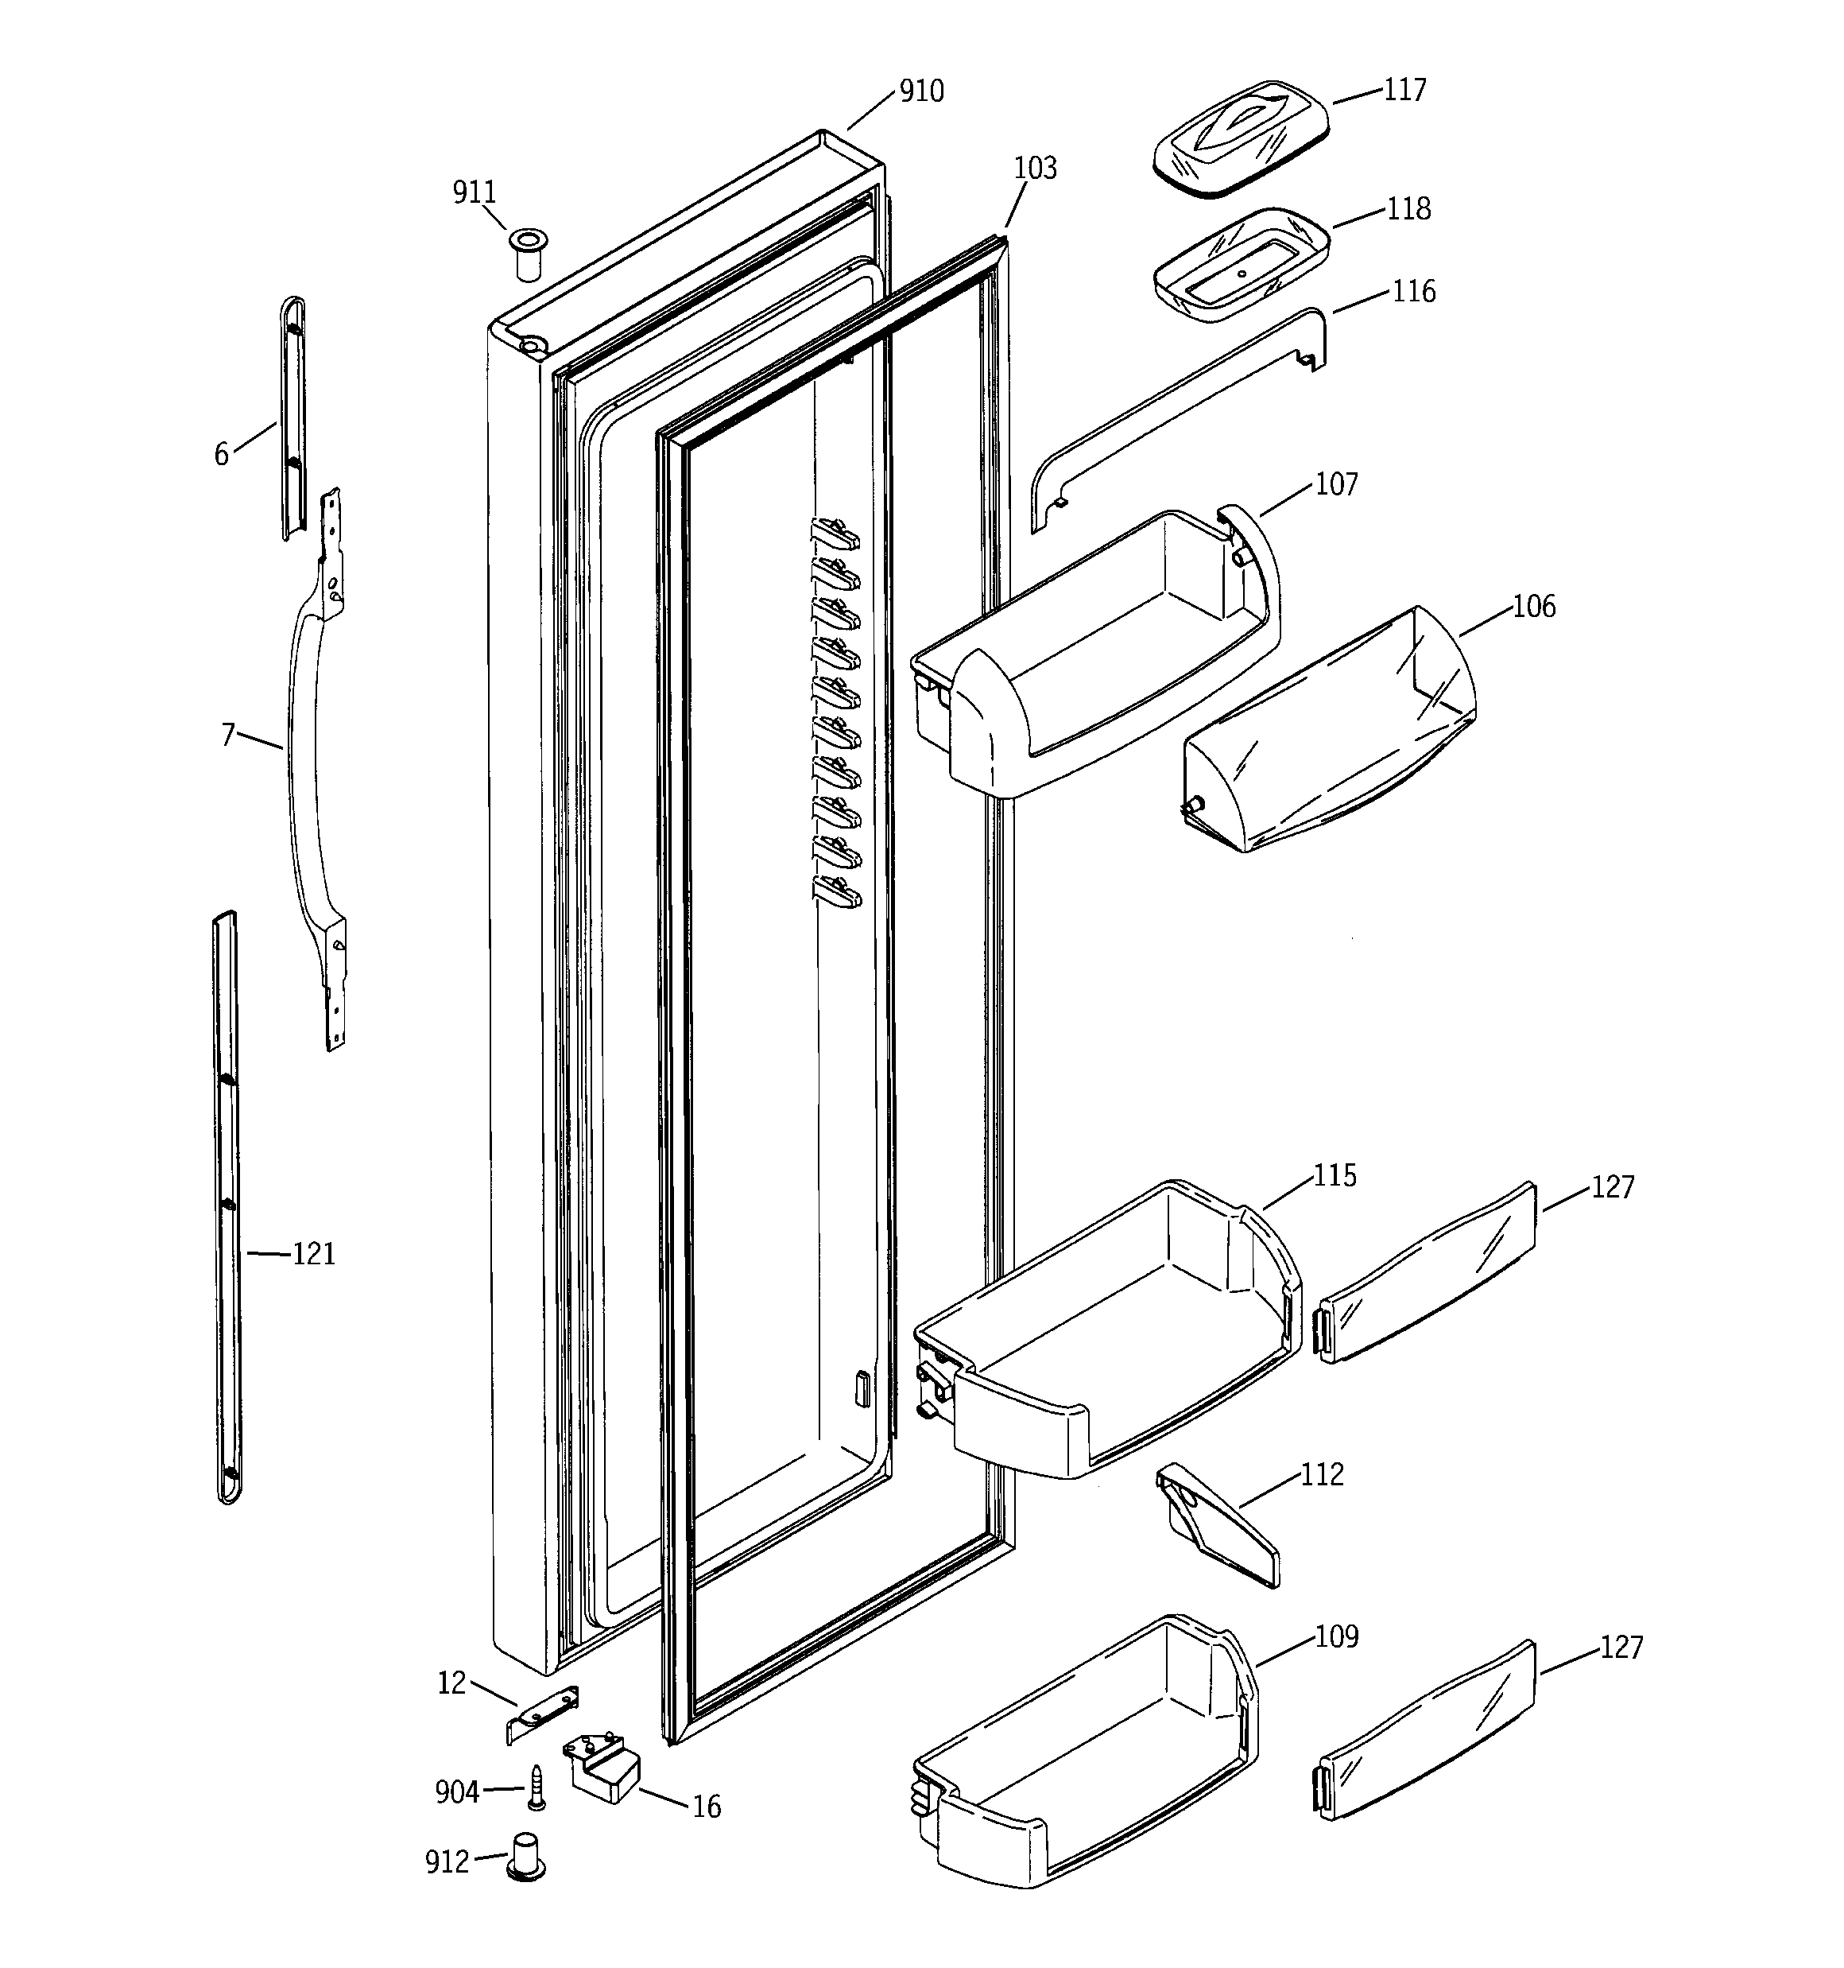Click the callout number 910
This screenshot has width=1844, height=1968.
click(x=920, y=92)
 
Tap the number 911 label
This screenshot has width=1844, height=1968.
click(x=475, y=192)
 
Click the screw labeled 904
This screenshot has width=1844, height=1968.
click(x=536, y=1787)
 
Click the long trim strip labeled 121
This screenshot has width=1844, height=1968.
click(x=227, y=1207)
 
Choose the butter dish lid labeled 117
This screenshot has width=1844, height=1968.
click(x=1240, y=140)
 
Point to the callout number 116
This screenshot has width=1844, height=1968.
click(x=1412, y=292)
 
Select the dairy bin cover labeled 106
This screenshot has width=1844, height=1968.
click(x=1329, y=730)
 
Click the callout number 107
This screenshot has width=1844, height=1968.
click(x=1336, y=484)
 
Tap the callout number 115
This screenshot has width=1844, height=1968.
click(x=1335, y=1175)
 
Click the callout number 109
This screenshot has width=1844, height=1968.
click(x=1336, y=1636)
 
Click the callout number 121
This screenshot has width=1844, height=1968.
click(x=314, y=1254)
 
